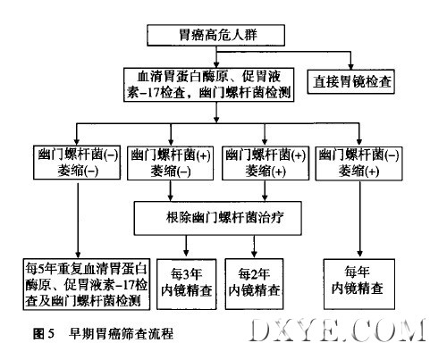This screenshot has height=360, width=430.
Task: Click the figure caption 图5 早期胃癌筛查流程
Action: [103, 333]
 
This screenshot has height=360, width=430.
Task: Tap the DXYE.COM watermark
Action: [338, 330]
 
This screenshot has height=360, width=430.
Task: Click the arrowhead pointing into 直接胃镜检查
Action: [350, 66]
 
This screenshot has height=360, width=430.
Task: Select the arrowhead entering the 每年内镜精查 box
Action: [359, 254]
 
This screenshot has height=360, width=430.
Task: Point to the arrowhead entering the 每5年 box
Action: [78, 255]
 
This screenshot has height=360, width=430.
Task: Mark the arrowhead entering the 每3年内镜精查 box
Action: [186, 253]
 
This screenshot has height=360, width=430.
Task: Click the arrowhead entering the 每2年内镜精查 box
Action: [254, 254]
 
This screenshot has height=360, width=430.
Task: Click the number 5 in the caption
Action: [51, 334]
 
